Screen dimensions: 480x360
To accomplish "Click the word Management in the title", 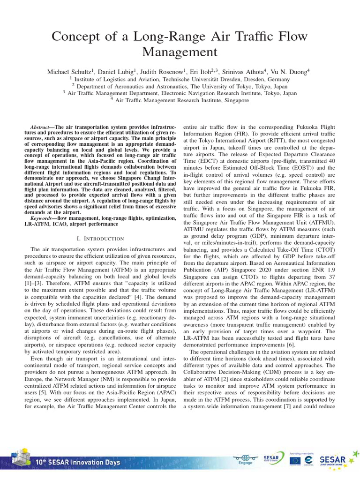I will coord(180,51).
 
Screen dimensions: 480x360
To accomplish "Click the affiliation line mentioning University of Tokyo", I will coord(180,86).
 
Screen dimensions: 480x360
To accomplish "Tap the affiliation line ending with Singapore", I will coord(180,100).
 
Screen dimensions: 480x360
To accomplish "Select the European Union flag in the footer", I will coord(295,461).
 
